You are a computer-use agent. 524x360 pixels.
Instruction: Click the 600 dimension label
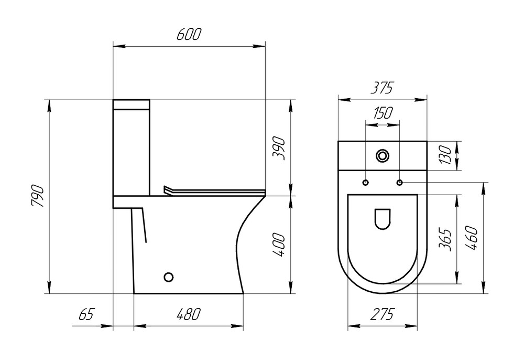click(189, 34)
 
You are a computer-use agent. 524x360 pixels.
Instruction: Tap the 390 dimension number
click(279, 148)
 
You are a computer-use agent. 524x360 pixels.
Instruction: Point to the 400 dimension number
click(279, 245)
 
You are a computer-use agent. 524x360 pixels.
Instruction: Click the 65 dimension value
click(85, 314)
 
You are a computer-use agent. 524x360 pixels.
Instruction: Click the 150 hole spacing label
click(383, 113)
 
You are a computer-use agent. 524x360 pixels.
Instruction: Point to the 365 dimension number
click(445, 240)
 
